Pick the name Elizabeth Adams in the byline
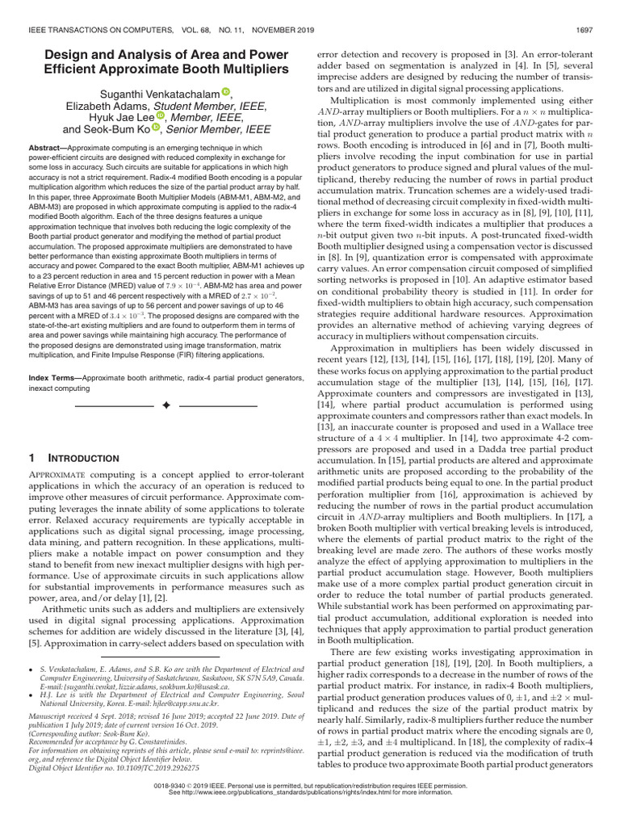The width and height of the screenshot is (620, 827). (98, 107)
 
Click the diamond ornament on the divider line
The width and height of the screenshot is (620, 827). (167, 403)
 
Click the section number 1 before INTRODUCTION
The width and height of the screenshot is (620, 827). (31, 458)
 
